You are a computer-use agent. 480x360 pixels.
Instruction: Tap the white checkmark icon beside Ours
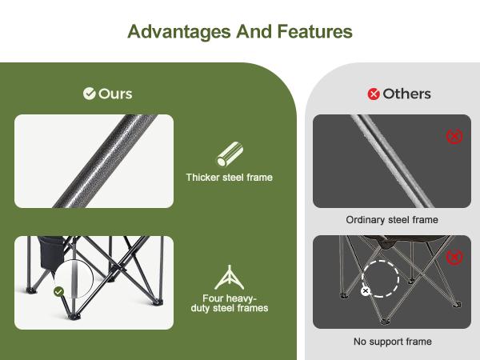pyautogui.click(x=90, y=94)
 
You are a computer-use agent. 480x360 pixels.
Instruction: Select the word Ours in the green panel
pyautogui.click(x=115, y=94)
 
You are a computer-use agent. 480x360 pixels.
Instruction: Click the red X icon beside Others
pyautogui.click(x=374, y=94)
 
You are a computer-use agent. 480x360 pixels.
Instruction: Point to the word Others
pyautogui.click(x=406, y=94)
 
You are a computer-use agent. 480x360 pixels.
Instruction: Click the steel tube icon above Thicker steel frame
pyautogui.click(x=229, y=154)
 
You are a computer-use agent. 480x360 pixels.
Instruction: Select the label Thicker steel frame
pyautogui.click(x=229, y=178)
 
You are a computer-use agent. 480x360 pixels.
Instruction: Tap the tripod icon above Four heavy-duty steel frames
pyautogui.click(x=229, y=277)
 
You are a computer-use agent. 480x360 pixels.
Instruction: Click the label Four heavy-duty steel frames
pyautogui.click(x=229, y=303)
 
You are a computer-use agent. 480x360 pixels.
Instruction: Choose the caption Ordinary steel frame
pyautogui.click(x=392, y=220)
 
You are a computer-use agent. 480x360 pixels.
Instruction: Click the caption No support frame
pyautogui.click(x=392, y=342)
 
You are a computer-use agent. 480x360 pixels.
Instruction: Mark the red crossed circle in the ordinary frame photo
pyautogui.click(x=454, y=136)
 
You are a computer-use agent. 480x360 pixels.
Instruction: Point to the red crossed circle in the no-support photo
pyautogui.click(x=454, y=257)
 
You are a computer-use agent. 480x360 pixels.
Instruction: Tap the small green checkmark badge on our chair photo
pyautogui.click(x=58, y=292)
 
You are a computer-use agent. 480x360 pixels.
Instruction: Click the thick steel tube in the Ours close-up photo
pyautogui.click(x=96, y=160)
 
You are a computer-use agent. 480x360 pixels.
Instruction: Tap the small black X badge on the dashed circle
pyautogui.click(x=366, y=291)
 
